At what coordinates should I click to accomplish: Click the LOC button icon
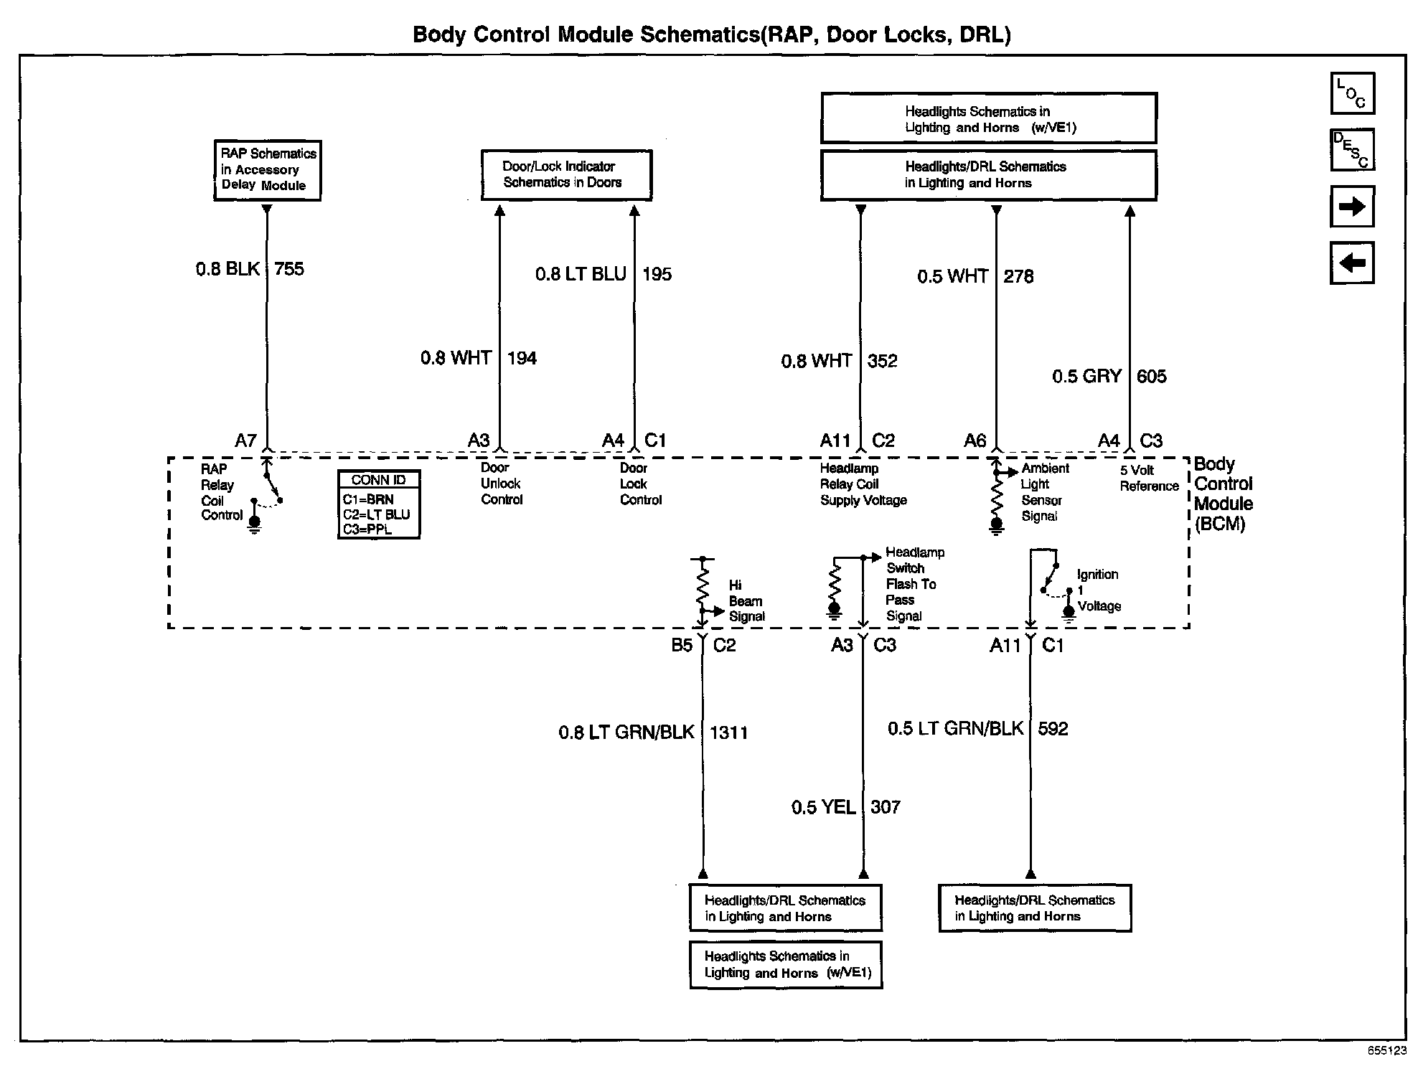(x=1352, y=93)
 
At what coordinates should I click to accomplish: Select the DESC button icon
(x=1352, y=150)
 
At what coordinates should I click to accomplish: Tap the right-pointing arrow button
(x=1352, y=207)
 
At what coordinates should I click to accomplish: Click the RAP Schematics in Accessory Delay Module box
(x=267, y=170)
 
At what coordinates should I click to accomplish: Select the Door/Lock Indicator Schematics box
(x=565, y=174)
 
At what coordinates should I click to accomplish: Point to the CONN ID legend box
(x=379, y=504)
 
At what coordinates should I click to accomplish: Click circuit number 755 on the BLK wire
(x=289, y=269)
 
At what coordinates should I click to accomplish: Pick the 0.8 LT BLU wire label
(x=581, y=274)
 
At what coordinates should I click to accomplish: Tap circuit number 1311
(x=728, y=732)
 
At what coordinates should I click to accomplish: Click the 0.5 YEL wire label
(x=823, y=807)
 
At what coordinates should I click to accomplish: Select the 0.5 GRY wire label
(x=1086, y=377)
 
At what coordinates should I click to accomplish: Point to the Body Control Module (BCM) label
(x=1223, y=494)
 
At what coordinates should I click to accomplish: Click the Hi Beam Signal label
(x=746, y=600)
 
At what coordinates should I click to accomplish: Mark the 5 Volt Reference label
(x=1149, y=478)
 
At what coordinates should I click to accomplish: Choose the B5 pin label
(x=682, y=646)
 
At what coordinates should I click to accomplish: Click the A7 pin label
(x=245, y=440)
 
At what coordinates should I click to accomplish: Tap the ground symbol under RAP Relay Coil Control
(x=255, y=527)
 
